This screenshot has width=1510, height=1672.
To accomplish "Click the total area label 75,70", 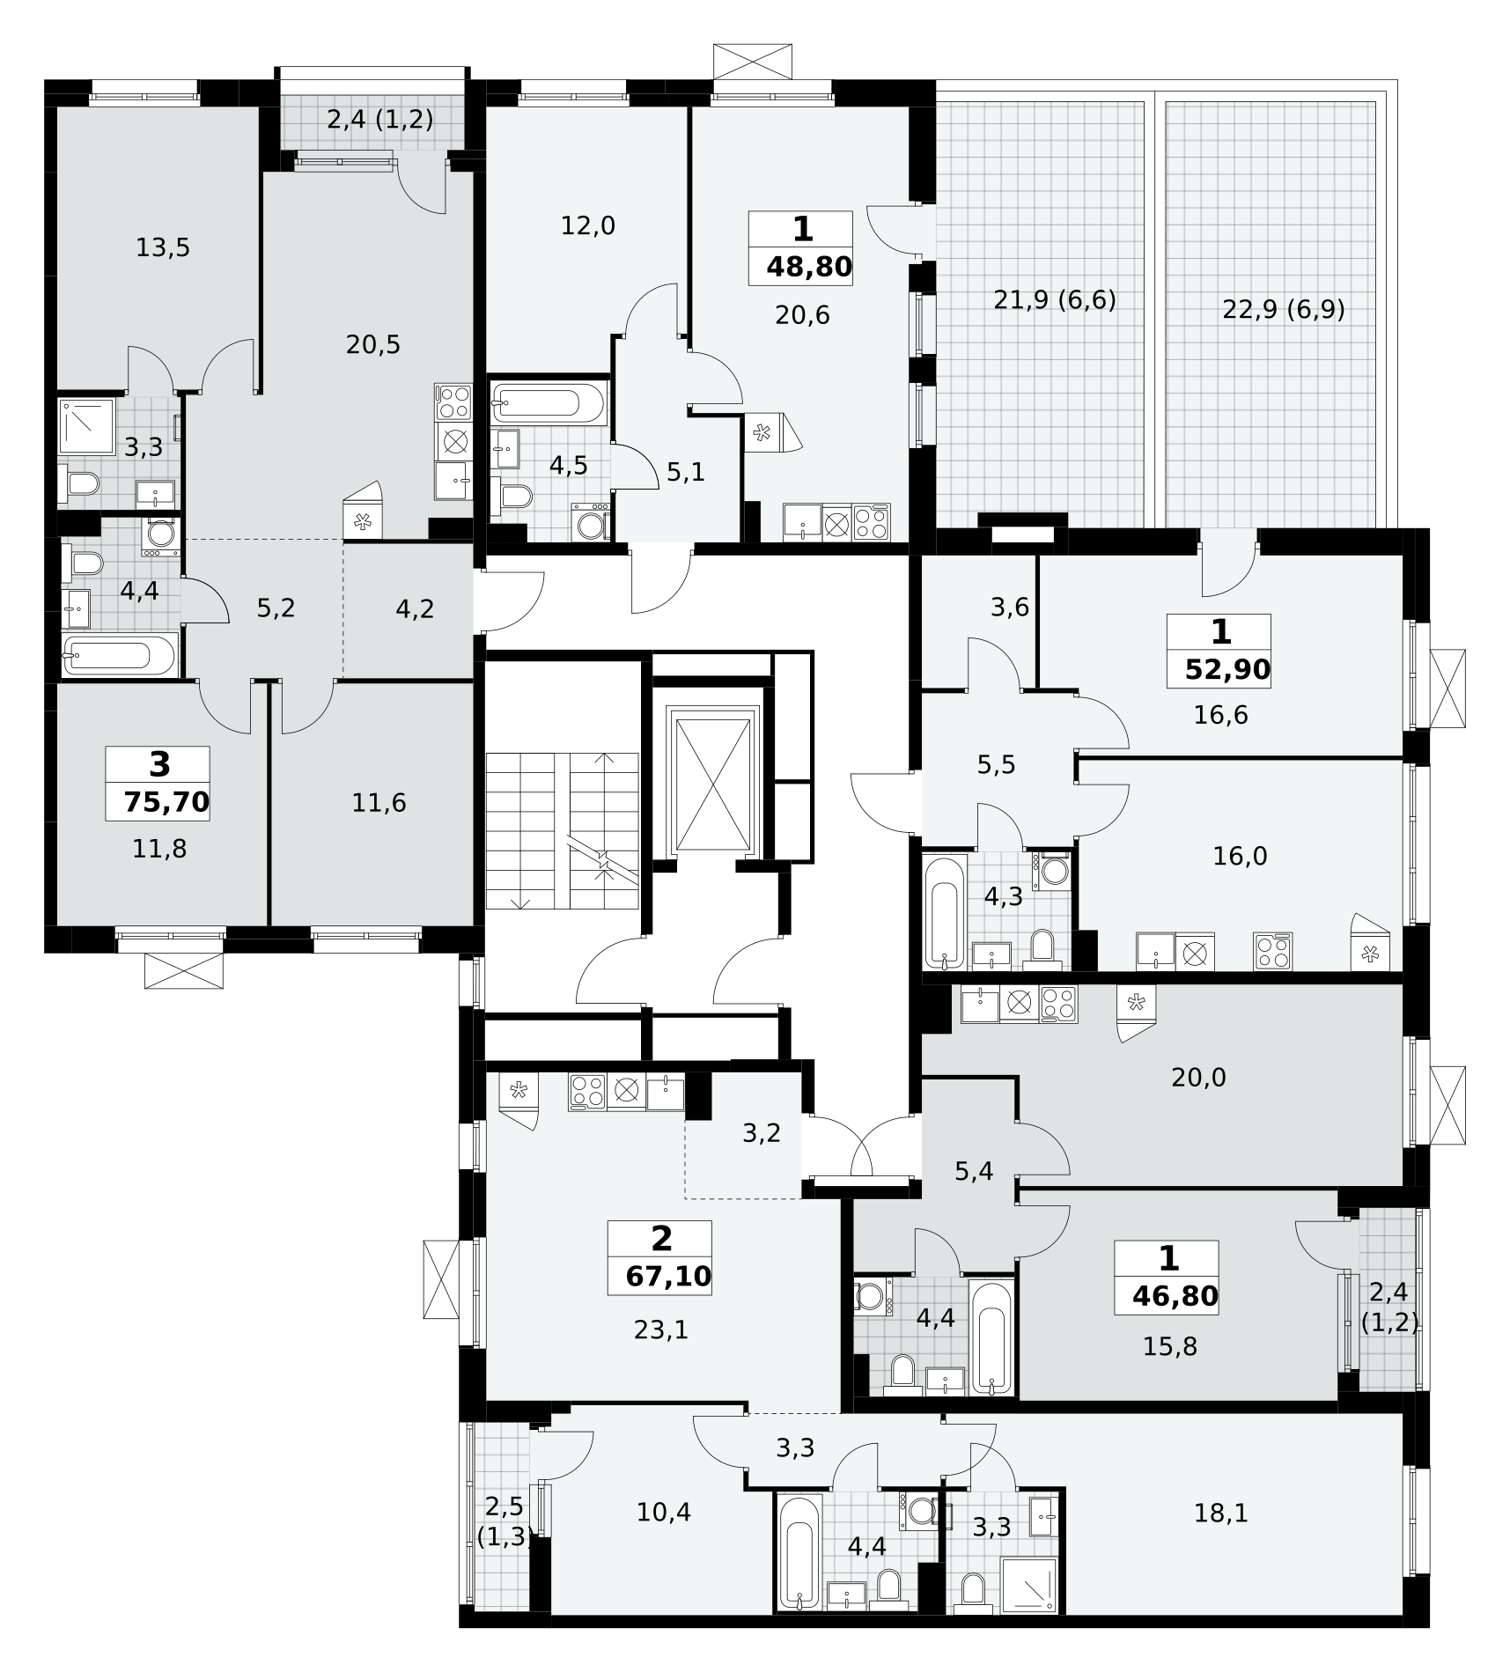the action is click(167, 802).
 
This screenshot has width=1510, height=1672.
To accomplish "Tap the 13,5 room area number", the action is click(163, 248).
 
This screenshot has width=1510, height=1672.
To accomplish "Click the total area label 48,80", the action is click(809, 267).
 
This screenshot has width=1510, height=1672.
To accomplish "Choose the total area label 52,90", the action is click(1227, 670).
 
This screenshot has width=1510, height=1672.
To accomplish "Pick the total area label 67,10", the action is click(668, 1276).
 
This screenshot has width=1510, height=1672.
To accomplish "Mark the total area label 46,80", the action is click(1175, 1296).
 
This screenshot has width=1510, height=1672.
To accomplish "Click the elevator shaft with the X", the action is click(713, 781).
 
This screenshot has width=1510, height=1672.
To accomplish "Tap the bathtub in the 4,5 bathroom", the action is click(549, 403).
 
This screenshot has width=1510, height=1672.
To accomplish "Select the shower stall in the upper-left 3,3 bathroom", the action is click(86, 427).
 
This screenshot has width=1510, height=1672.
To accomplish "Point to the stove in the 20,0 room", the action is click(1058, 1004).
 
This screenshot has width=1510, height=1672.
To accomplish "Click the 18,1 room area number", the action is click(1221, 1514).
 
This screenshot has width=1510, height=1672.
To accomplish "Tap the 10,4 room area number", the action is click(664, 1513).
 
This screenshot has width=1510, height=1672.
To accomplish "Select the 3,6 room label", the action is click(1010, 608).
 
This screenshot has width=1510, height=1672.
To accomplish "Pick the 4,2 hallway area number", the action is click(415, 609).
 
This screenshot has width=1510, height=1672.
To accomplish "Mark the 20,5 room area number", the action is click(373, 345).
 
